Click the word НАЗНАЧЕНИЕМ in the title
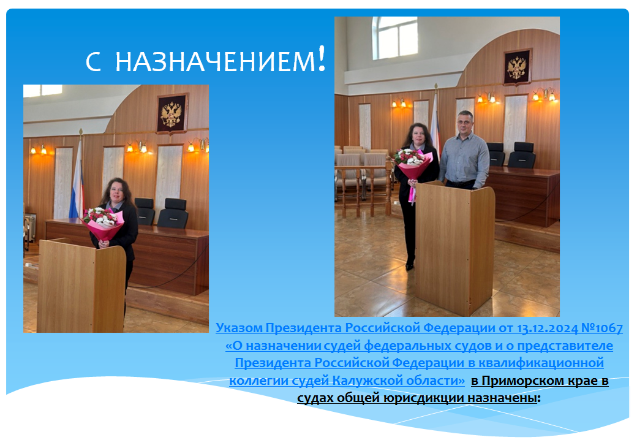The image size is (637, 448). (x=216, y=62)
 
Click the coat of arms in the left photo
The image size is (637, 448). (x=172, y=114)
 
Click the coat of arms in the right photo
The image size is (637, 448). (x=517, y=67)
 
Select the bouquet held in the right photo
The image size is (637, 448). (x=412, y=167)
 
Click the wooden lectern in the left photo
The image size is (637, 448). (x=81, y=286)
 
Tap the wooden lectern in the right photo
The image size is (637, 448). (x=454, y=248)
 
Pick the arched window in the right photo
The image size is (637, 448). (x=395, y=38)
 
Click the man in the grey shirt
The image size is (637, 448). (x=464, y=150)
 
